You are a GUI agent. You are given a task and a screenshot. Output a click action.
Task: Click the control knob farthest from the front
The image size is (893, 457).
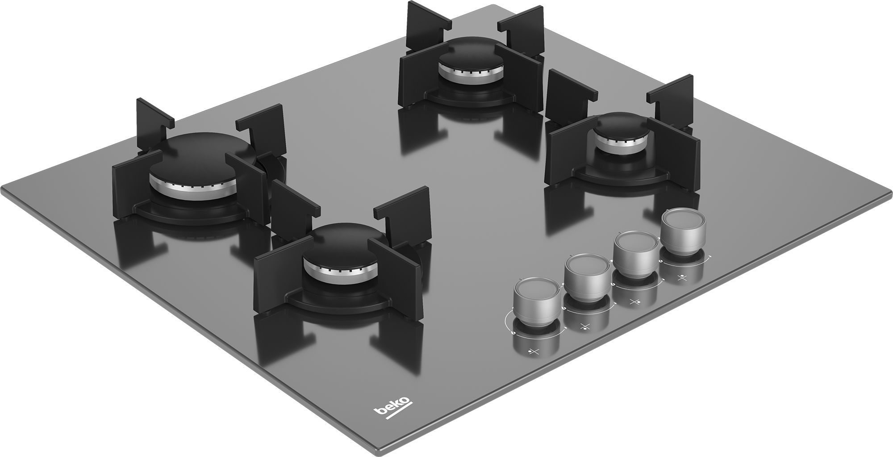tap(680, 231)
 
